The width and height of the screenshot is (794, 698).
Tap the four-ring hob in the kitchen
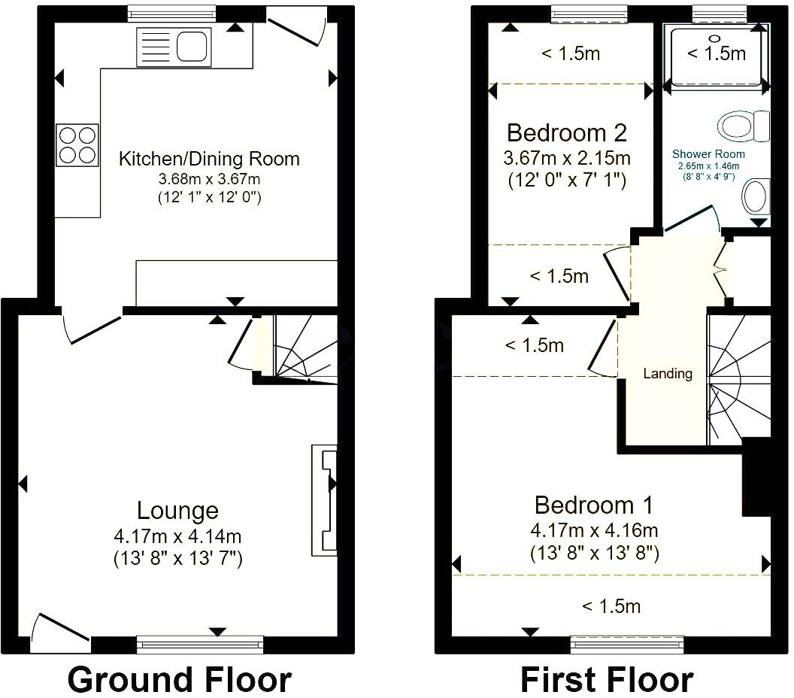click(77, 144)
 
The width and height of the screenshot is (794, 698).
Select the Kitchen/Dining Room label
click(209, 159)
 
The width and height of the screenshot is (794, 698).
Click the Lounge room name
click(177, 511)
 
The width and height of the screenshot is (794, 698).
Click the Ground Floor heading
click(179, 679)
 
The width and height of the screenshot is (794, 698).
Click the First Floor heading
click(606, 679)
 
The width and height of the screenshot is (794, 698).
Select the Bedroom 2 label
click(567, 133)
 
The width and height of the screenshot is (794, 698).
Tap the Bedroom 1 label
click(594, 504)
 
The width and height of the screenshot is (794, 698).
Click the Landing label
click(668, 373)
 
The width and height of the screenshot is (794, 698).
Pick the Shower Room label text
click(709, 154)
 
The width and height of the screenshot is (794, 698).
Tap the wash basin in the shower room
click(755, 197)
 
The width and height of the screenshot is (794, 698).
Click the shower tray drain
click(715, 37)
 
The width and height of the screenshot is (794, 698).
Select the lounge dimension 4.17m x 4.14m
click(177, 536)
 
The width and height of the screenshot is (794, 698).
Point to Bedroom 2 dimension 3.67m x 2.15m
click(567, 159)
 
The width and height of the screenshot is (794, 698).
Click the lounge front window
click(200, 644)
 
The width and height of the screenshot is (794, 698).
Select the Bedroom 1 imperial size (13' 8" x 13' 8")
click(594, 554)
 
